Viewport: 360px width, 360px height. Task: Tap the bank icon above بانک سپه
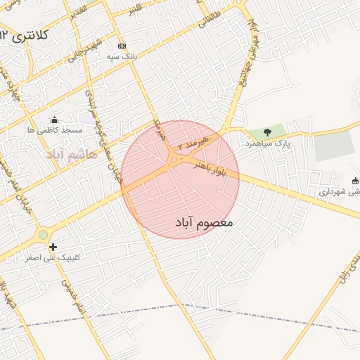click(x=122, y=44)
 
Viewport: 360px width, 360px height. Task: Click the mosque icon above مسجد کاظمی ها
click(x=55, y=120)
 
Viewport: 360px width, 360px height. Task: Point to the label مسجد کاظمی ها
click(x=55, y=131)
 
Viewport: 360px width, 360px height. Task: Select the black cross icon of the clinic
click(x=53, y=247)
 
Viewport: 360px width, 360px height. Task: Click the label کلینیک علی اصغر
click(x=53, y=258)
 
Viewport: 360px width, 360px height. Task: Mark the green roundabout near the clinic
click(x=44, y=235)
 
